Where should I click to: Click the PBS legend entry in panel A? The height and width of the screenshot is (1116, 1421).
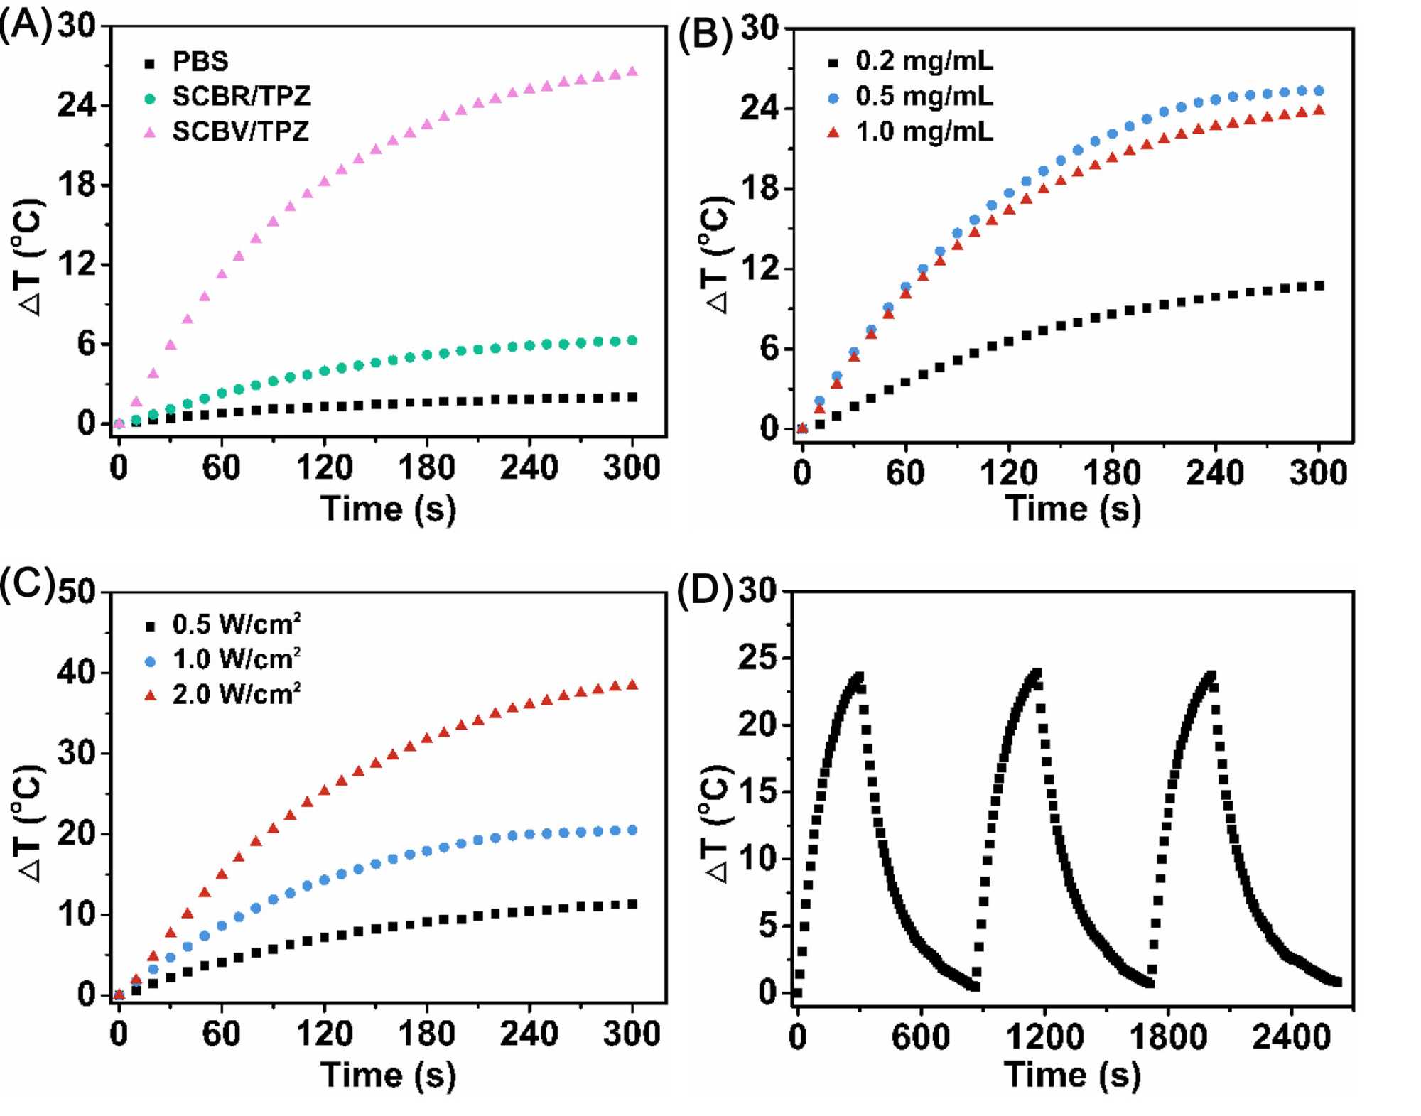coord(200,62)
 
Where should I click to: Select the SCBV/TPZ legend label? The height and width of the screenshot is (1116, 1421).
coord(240,131)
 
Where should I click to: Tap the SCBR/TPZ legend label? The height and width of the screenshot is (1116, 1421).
coord(241,97)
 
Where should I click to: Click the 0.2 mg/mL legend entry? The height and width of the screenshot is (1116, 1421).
coord(924,61)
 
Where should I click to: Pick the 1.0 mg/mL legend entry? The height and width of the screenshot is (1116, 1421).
coord(924,131)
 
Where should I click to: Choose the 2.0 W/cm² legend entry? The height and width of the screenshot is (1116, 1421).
coord(236,694)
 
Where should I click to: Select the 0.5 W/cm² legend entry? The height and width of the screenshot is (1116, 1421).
coord(236,624)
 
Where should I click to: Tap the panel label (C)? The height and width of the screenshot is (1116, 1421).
coord(26,587)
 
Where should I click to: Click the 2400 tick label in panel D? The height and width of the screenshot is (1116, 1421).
coord(1291,1038)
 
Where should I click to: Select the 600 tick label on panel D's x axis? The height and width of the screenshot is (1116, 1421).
coord(921,1038)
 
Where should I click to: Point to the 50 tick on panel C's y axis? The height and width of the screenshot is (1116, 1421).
coord(76,592)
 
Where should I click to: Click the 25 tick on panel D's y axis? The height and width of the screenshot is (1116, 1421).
coord(758,659)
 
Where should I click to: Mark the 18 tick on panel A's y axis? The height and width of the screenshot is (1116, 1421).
coord(76,185)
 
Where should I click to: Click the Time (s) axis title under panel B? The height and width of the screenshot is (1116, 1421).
coord(1073,509)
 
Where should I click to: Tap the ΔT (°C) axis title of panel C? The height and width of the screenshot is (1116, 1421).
coord(30,824)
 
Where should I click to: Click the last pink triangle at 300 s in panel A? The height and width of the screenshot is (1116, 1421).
coord(632,72)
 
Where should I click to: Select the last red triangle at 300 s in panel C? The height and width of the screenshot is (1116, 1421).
coord(632,685)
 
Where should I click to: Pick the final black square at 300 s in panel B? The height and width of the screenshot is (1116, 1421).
coord(1319,286)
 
